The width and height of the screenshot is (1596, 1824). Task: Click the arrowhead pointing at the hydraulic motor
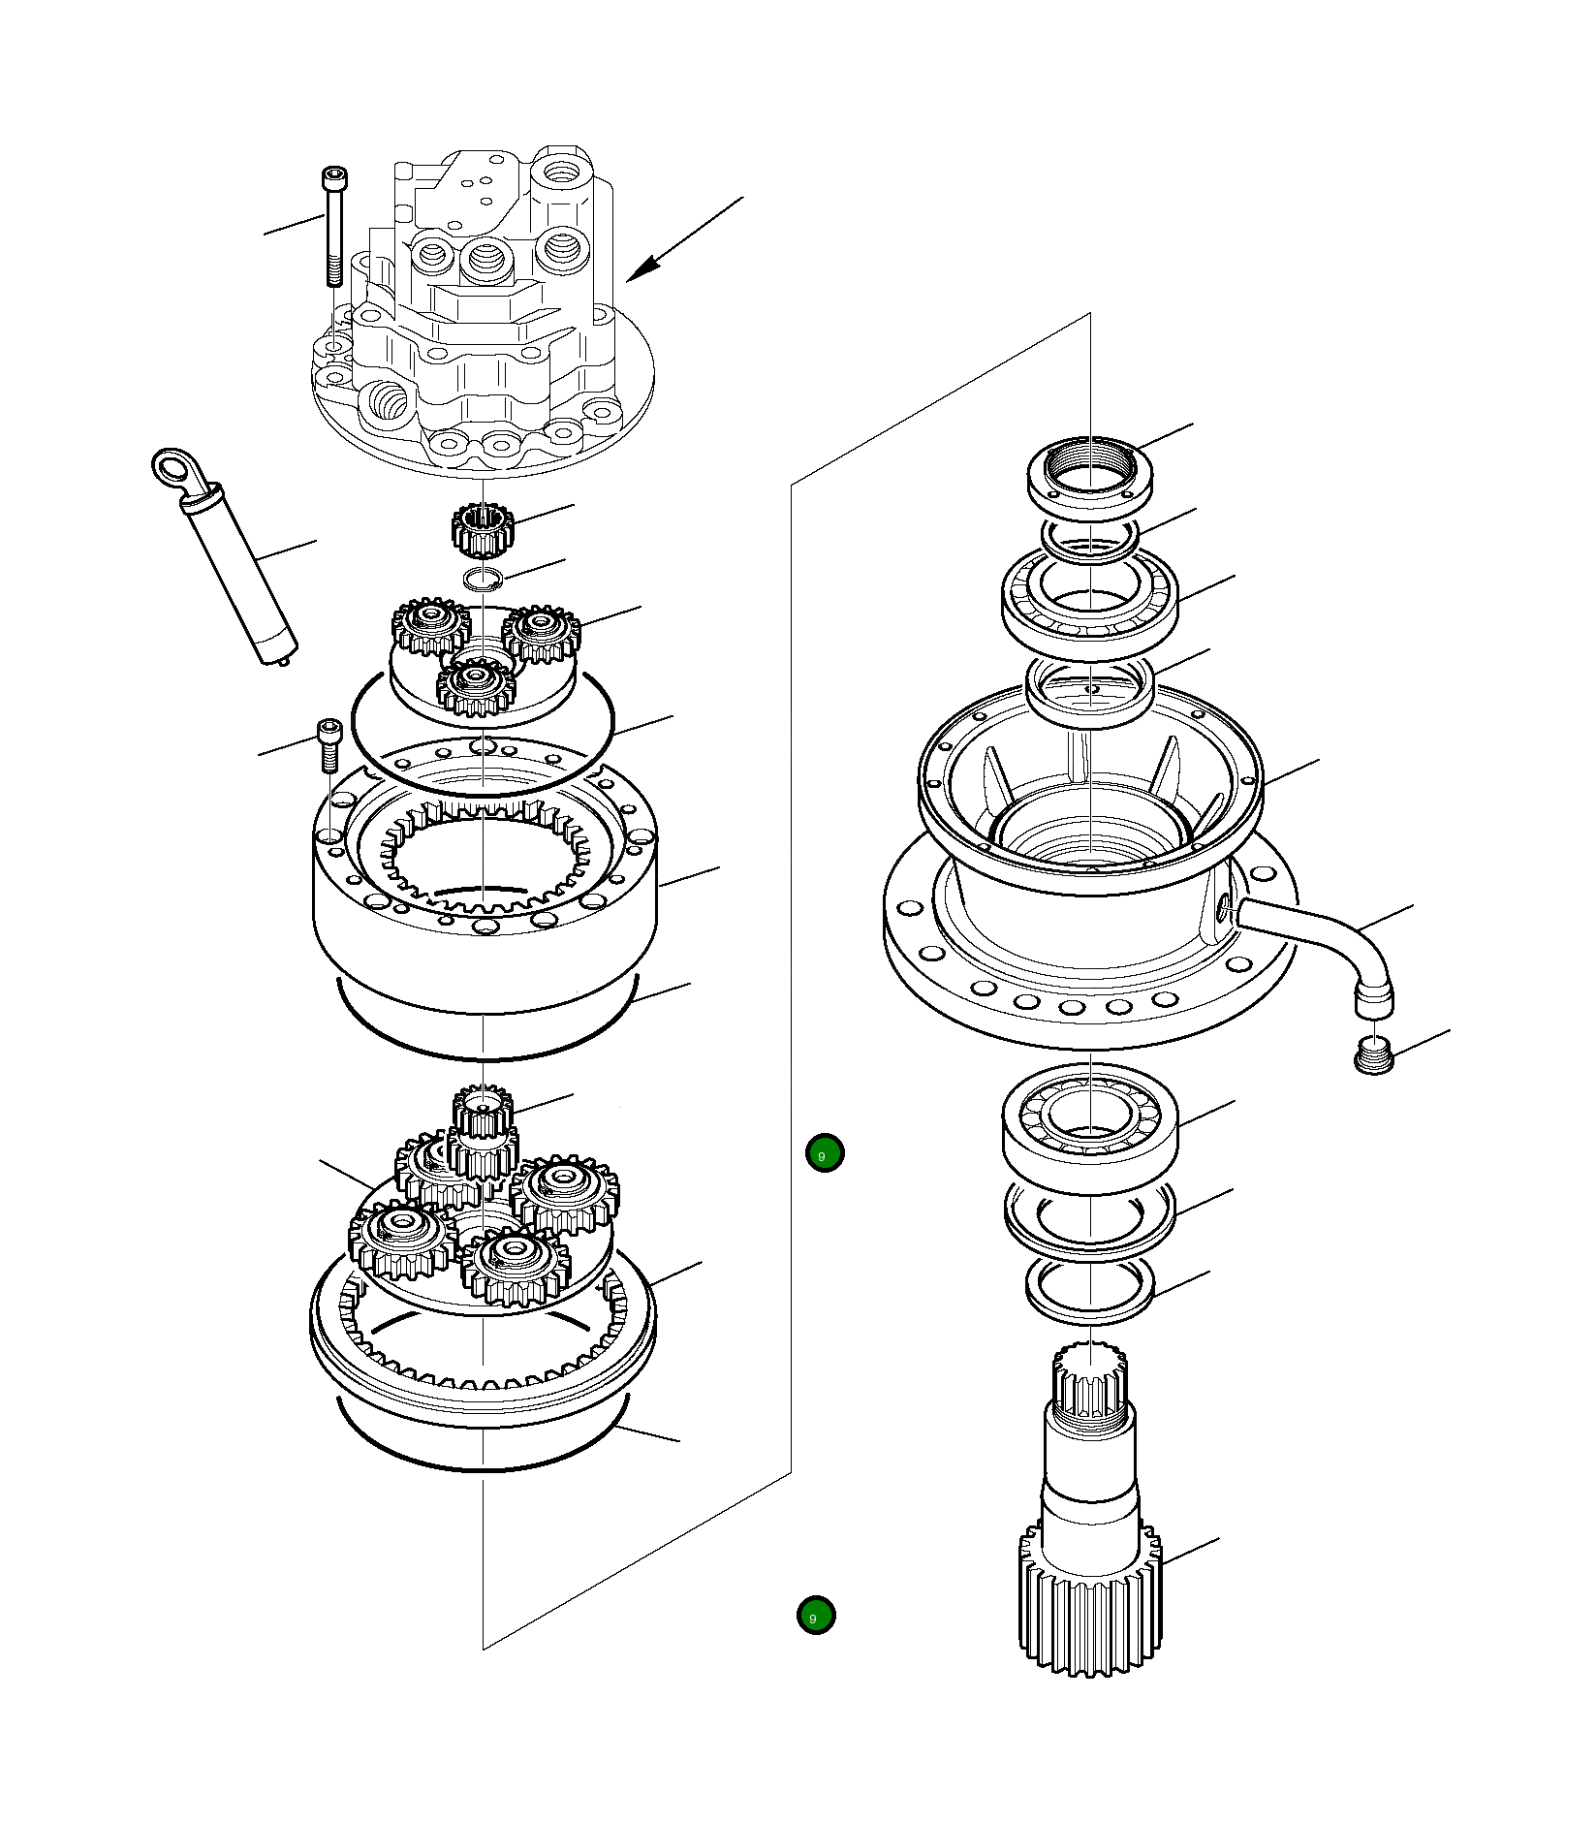pyautogui.click(x=643, y=268)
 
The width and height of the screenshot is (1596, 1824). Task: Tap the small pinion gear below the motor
pyautogui.click(x=482, y=531)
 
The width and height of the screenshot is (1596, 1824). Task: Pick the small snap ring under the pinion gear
pyautogui.click(x=482, y=580)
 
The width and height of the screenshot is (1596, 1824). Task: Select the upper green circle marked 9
pyautogui.click(x=825, y=1153)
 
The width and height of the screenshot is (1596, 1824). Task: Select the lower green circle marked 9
pyautogui.click(x=816, y=1616)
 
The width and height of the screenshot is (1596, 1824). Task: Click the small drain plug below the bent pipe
pyautogui.click(x=1372, y=1054)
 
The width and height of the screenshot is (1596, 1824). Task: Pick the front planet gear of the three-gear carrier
pyautogui.click(x=476, y=687)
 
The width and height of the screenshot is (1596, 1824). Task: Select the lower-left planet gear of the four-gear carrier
pyautogui.click(x=400, y=1240)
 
